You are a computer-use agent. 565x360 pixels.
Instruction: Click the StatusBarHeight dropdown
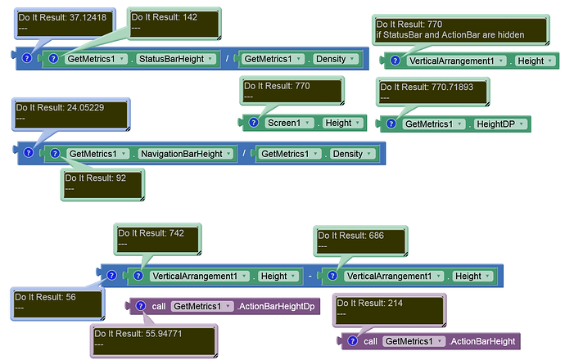[177, 59]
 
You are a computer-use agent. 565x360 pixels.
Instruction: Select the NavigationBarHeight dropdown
[186, 154]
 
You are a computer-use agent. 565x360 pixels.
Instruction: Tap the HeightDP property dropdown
[500, 124]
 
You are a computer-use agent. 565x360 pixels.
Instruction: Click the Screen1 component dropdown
[288, 123]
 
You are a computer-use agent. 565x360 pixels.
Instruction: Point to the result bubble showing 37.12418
[66, 23]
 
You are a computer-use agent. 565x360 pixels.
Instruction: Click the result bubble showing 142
[174, 23]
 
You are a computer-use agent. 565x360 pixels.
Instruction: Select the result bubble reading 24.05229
[71, 114]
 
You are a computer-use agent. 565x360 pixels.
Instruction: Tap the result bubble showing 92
[102, 185]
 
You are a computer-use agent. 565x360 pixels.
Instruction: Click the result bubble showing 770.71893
[433, 92]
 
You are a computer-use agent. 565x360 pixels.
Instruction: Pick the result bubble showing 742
[158, 239]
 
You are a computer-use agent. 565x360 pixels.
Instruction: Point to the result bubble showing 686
[360, 241]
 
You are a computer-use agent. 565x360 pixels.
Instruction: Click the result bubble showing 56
[57, 304]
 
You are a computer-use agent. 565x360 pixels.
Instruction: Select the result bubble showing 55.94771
[154, 340]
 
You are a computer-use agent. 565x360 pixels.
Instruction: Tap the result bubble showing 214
[390, 310]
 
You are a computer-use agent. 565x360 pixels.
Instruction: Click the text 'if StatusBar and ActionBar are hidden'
[450, 35]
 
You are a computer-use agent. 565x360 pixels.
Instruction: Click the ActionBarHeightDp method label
[276, 306]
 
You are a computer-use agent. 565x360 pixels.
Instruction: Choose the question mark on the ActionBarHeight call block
[352, 341]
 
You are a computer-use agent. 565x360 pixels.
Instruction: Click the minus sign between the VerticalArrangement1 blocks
[310, 276]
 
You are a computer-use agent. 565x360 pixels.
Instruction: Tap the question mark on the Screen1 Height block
[254, 123]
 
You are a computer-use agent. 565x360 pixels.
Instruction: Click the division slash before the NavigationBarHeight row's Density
[244, 153]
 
